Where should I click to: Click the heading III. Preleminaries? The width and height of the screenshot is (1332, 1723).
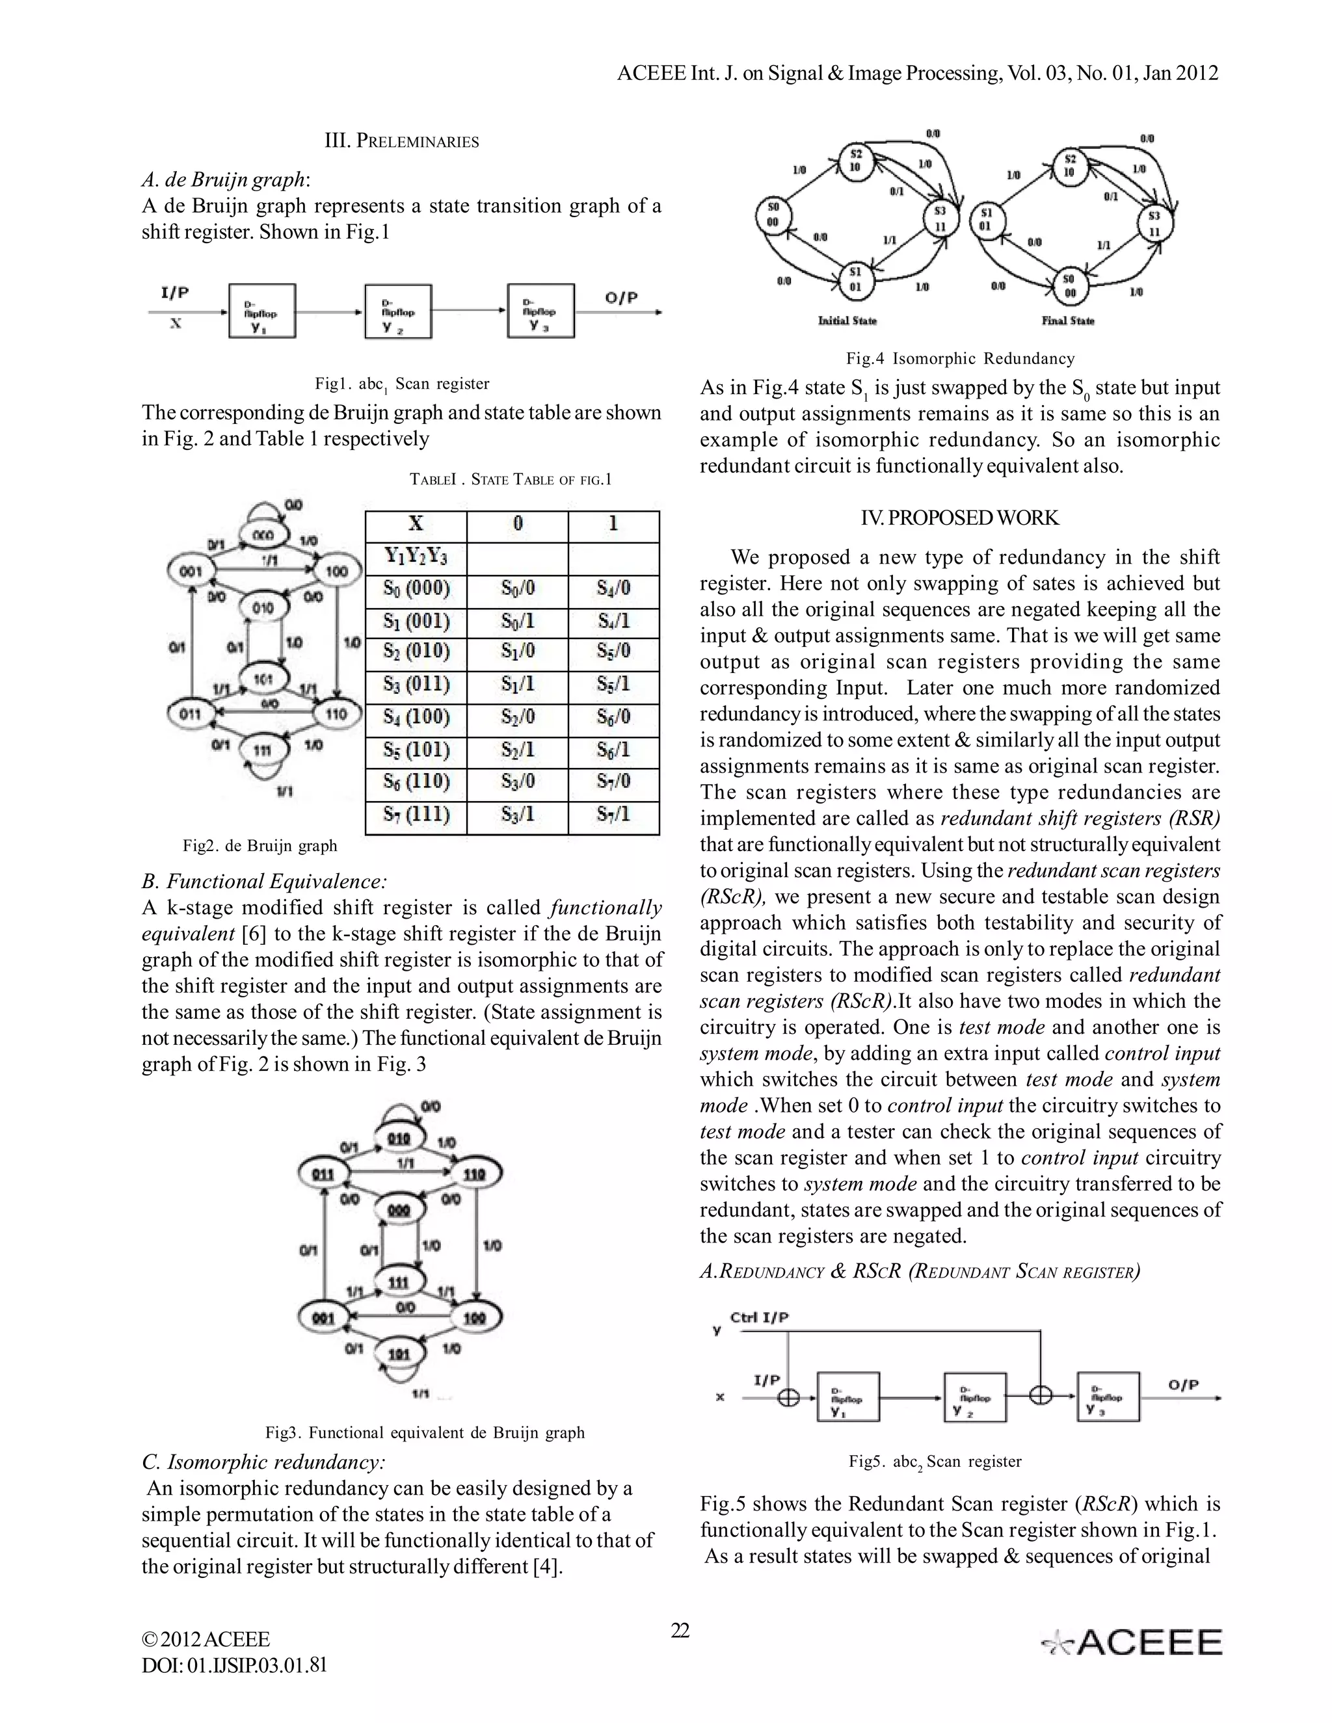pos(402,141)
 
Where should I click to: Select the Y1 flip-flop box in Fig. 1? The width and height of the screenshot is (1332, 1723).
pos(262,311)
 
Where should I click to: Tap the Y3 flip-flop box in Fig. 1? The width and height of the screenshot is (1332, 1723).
pos(540,311)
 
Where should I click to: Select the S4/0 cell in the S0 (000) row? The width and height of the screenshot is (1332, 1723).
pos(613,588)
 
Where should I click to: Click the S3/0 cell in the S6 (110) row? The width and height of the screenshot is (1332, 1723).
pos(517,782)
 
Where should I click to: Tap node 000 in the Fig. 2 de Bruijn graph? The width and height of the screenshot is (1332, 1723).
pos(263,535)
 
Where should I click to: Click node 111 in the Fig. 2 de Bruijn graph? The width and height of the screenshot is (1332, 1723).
pos(263,750)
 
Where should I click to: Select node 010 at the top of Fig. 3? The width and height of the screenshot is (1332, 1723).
pos(399,1138)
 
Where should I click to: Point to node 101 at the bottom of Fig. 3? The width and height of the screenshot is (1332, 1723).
pos(399,1354)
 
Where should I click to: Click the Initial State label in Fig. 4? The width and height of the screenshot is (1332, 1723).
pos(847,321)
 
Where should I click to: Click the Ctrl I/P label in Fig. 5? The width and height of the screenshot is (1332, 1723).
pos(759,1317)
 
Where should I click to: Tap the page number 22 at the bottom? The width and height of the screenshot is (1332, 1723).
pos(680,1630)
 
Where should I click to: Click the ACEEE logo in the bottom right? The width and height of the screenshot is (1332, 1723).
pos(1132,1642)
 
